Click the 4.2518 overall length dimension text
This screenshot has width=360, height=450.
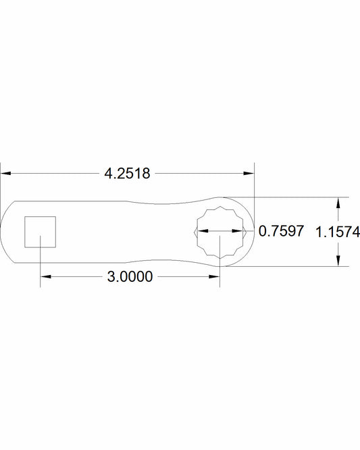coord(127,174)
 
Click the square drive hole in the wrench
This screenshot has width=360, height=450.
coord(40,232)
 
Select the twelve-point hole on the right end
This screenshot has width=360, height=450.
coord(219,232)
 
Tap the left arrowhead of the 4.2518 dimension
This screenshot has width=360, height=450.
coord(5,174)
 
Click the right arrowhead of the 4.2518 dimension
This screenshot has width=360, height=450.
coord(249,174)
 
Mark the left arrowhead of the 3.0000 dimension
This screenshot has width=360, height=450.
coord(45,276)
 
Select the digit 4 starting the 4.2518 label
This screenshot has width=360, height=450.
coord(109,174)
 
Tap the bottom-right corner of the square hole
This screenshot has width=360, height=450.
coord(54,246)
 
